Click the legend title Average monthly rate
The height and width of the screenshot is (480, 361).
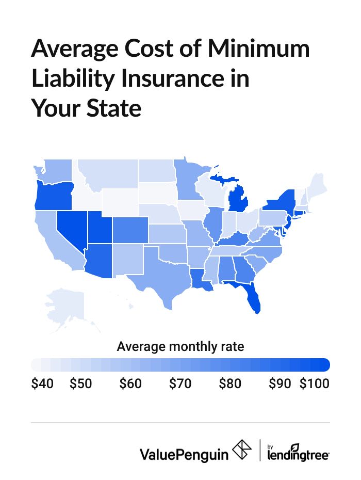[x=180, y=346]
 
